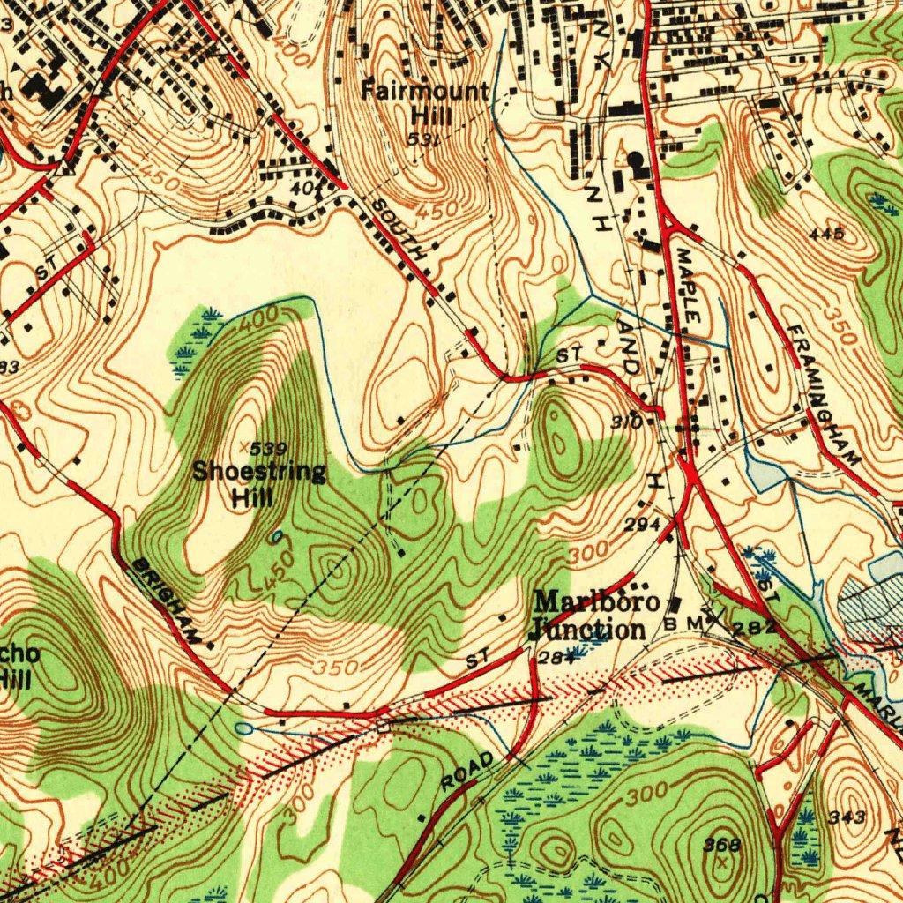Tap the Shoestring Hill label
click(x=258, y=483)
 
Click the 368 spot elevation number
click(x=721, y=845)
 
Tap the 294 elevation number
click(x=642, y=525)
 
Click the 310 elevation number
click(x=626, y=422)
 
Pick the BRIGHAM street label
click(x=166, y=600)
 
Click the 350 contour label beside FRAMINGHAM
click(x=840, y=326)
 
